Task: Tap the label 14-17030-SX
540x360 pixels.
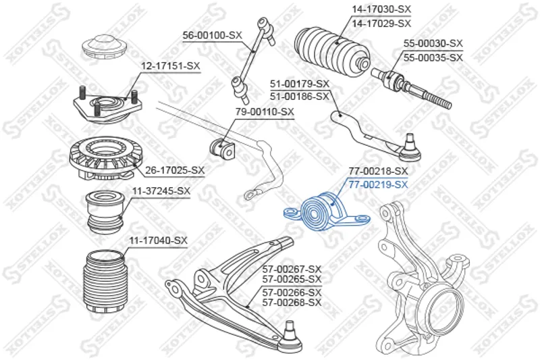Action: click(x=381, y=9)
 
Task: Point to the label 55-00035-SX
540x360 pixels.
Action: click(x=433, y=58)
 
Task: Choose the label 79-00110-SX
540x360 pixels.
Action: click(x=264, y=111)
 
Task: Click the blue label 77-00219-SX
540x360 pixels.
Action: click(x=378, y=184)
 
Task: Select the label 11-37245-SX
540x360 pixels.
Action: click(x=161, y=191)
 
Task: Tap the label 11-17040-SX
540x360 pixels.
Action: click(x=158, y=240)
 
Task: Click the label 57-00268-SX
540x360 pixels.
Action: click(x=292, y=302)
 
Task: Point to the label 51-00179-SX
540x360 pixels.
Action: click(x=300, y=84)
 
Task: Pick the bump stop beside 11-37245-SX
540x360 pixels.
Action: click(x=105, y=211)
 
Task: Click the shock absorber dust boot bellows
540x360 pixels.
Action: click(x=105, y=284)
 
